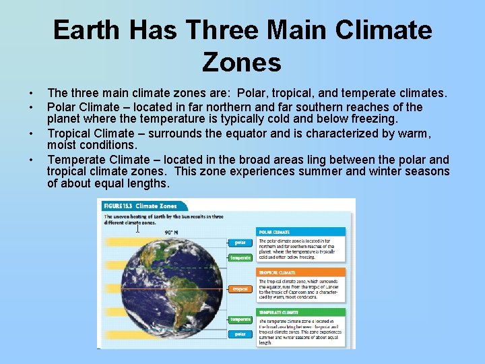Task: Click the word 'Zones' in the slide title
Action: tap(242, 62)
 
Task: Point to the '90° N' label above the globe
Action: tap(172, 232)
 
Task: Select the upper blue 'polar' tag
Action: tap(240, 243)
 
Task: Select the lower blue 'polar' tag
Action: tap(240, 334)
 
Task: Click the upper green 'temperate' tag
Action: tap(240, 257)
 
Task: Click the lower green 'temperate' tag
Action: tap(240, 320)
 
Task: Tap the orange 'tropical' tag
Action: tap(240, 289)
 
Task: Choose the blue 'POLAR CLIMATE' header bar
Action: tap(301, 232)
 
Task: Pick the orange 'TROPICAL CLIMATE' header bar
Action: tap(301, 272)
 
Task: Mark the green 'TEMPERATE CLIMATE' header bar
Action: tap(301, 312)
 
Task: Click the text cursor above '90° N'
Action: tap(138, 228)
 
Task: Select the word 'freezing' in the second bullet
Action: tap(374, 119)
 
